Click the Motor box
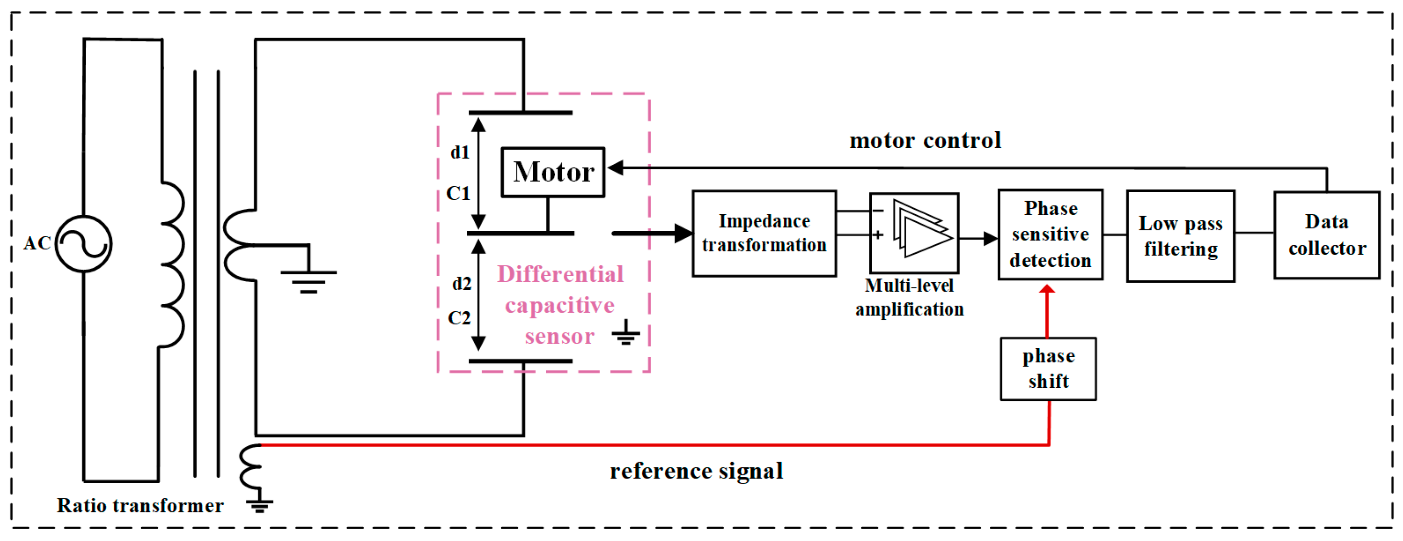point(552,172)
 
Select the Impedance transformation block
point(764,234)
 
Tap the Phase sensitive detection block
point(1050,235)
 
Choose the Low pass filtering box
point(1180,236)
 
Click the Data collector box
point(1327,235)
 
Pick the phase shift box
point(1048,369)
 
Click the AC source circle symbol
point(83,244)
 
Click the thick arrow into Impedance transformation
point(654,233)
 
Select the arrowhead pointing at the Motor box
point(616,168)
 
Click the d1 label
point(460,152)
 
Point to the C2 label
point(459,318)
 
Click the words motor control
point(925,140)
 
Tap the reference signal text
point(696,471)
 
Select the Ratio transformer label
point(140,506)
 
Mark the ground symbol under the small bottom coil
point(260,506)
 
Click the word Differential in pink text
point(560,274)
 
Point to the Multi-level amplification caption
point(909,297)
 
